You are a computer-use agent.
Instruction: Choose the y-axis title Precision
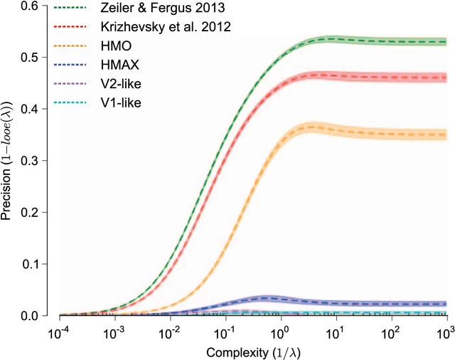click(x=9, y=160)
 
